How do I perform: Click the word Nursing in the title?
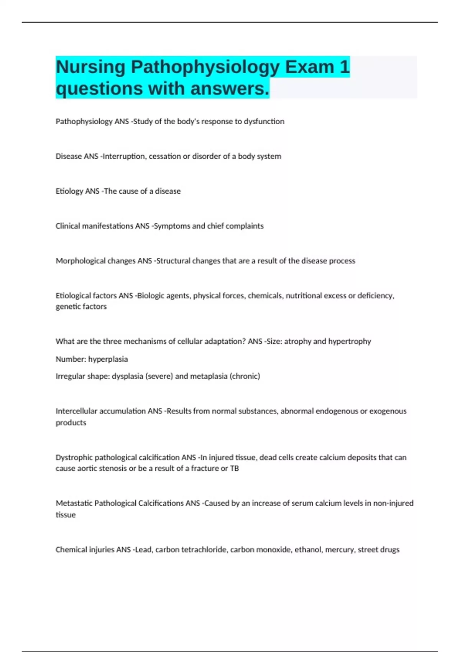pyautogui.click(x=90, y=68)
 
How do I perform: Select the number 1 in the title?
pyautogui.click(x=344, y=67)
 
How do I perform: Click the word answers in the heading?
pyautogui.click(x=230, y=89)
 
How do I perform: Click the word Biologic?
pyautogui.click(x=150, y=296)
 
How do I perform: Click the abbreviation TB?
pyautogui.click(x=234, y=468)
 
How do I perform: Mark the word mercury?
pyautogui.click(x=340, y=550)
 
